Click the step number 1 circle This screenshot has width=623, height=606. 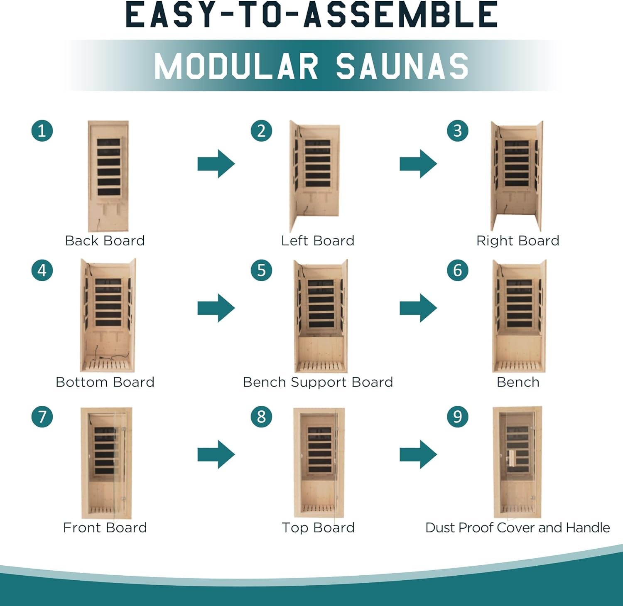[42, 131]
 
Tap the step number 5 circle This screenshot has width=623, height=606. [261, 270]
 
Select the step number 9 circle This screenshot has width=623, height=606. [458, 417]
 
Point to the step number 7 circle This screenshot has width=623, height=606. [42, 417]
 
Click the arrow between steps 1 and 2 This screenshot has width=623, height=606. [216, 164]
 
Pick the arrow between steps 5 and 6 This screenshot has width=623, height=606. [418, 308]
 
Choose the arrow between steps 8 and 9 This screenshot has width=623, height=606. [418, 454]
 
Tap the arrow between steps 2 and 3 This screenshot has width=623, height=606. [418, 164]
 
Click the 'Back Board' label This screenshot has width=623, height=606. [105, 240]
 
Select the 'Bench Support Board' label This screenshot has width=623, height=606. [318, 382]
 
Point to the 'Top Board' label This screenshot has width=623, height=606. [318, 527]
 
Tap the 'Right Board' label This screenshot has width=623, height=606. [518, 241]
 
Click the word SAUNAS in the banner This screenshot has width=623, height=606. [402, 66]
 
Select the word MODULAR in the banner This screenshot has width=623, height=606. [236, 66]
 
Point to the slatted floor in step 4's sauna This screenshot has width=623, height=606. [107, 366]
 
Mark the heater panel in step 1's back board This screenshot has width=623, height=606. [109, 167]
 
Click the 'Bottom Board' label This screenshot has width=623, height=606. [105, 382]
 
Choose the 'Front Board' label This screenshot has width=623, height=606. [105, 527]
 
